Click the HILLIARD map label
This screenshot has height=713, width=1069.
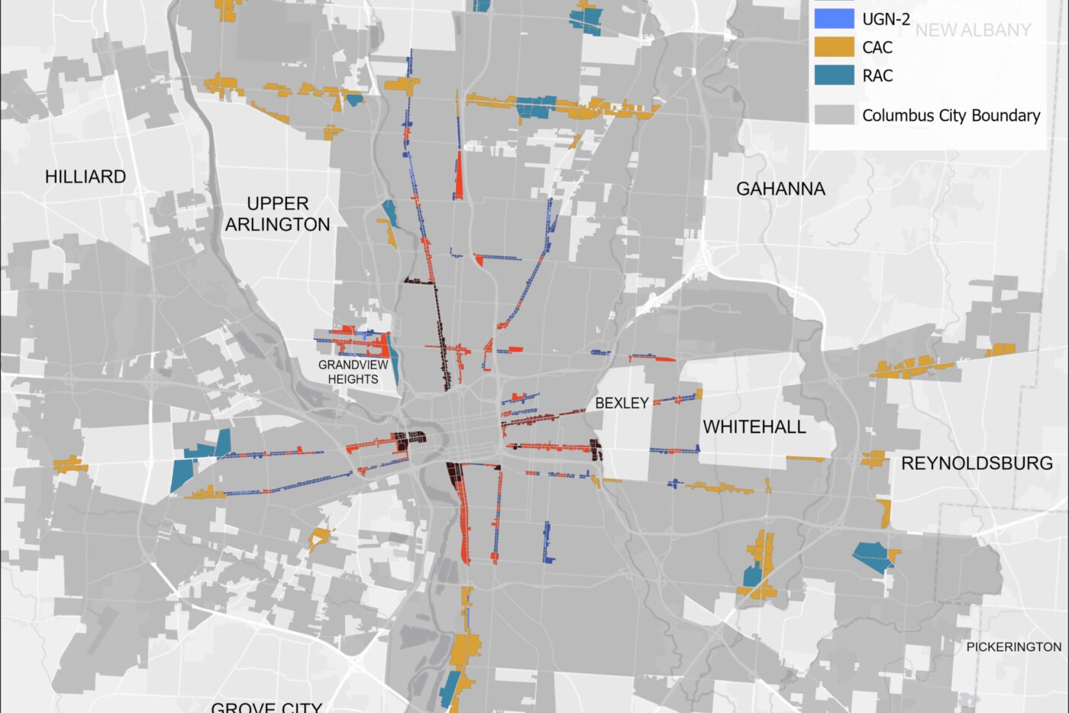(86, 177)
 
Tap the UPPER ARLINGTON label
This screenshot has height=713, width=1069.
(277, 214)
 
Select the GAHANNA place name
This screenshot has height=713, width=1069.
(780, 189)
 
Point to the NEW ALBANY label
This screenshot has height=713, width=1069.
(973, 31)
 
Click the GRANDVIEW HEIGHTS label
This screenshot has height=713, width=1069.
(353, 372)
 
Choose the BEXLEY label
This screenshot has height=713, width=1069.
(622, 403)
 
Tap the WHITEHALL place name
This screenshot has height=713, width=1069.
(754, 426)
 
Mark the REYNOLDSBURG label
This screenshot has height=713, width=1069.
(977, 463)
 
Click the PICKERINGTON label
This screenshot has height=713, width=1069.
(1013, 647)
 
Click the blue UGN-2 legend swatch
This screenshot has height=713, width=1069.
(834, 18)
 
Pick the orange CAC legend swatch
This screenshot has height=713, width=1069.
(834, 47)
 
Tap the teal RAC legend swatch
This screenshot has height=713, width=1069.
(834, 75)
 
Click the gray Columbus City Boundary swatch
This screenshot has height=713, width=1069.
(834, 115)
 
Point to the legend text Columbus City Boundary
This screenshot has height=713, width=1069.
(951, 115)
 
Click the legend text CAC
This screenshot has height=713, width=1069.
(877, 47)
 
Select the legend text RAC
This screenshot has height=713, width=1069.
(877, 76)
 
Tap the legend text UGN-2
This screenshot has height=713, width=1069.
(886, 19)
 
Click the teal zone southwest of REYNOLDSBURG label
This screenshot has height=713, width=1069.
(872, 556)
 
